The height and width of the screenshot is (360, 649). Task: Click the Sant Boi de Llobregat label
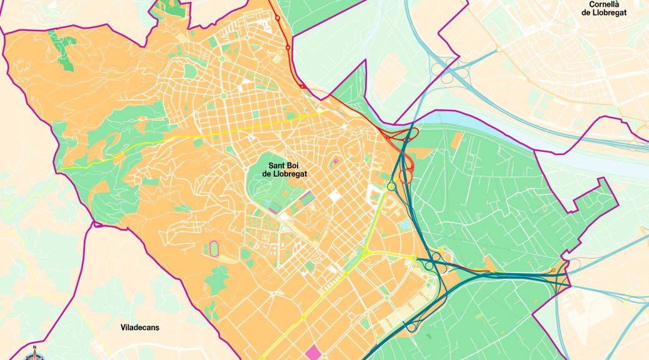click(x=288, y=169)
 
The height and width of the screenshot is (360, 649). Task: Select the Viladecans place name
click(x=142, y=327)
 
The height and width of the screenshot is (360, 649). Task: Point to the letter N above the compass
click(x=35, y=347)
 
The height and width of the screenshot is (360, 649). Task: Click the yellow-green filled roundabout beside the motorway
click(x=391, y=186)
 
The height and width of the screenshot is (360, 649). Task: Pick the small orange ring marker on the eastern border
click(x=553, y=270)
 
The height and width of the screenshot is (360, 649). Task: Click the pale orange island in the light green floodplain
click(x=391, y=69)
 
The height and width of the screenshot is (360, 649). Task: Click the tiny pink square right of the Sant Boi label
click(x=335, y=161)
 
